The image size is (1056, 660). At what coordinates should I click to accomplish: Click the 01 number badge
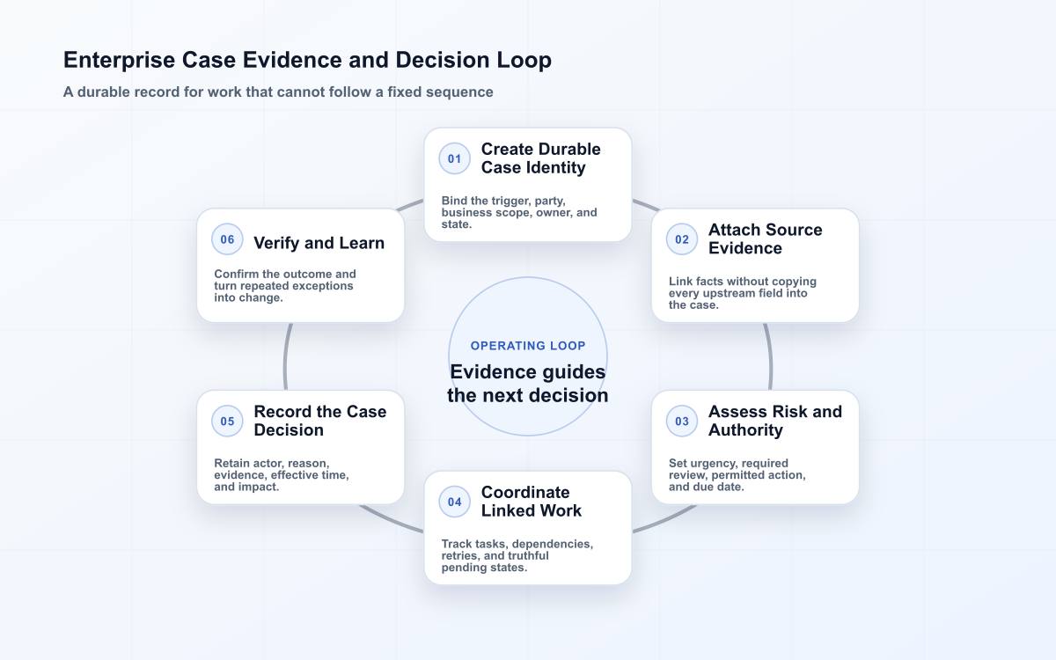point(454,158)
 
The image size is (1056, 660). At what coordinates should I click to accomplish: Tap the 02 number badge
point(682,239)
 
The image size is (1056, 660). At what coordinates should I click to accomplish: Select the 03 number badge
point(682,421)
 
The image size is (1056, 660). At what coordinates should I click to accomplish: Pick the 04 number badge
point(454,502)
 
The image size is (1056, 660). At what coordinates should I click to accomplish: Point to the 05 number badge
point(227,421)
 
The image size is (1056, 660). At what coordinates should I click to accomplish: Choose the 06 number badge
point(227,239)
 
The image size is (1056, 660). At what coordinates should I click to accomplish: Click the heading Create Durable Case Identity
point(540,158)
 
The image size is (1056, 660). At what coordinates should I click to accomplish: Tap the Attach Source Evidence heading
point(765,239)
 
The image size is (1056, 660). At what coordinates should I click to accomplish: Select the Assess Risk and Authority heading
point(775,421)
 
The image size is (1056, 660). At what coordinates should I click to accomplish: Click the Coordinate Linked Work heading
point(532,502)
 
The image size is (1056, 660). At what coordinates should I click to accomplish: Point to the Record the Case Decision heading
point(320,421)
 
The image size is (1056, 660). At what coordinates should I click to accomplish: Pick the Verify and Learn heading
point(319,243)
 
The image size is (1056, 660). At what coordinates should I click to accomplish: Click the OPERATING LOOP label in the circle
point(528,346)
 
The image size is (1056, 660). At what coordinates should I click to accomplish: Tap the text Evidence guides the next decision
point(528,384)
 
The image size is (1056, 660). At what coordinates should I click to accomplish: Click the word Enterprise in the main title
point(120,61)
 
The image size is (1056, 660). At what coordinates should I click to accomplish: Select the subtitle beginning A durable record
point(278,92)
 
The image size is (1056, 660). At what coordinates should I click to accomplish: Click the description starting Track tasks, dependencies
point(517,556)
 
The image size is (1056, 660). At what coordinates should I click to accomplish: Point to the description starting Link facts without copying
point(743,293)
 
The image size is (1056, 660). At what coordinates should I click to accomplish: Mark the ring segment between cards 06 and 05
point(286,356)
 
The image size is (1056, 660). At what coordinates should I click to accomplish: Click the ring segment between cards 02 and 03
point(770,356)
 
